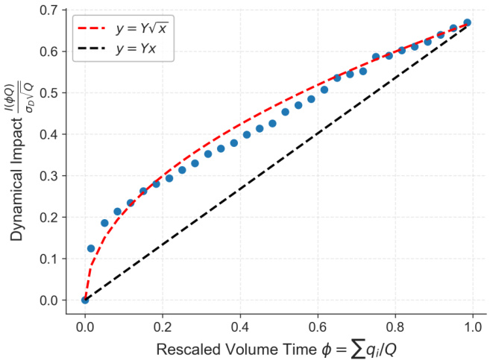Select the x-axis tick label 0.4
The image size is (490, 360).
click(x=240, y=326)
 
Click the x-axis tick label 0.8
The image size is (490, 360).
click(x=395, y=326)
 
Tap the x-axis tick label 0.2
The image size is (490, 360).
click(x=163, y=326)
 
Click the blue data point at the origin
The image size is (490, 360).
click(x=85, y=300)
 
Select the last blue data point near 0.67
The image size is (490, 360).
click(x=467, y=22)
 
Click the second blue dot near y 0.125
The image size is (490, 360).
click(x=91, y=248)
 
